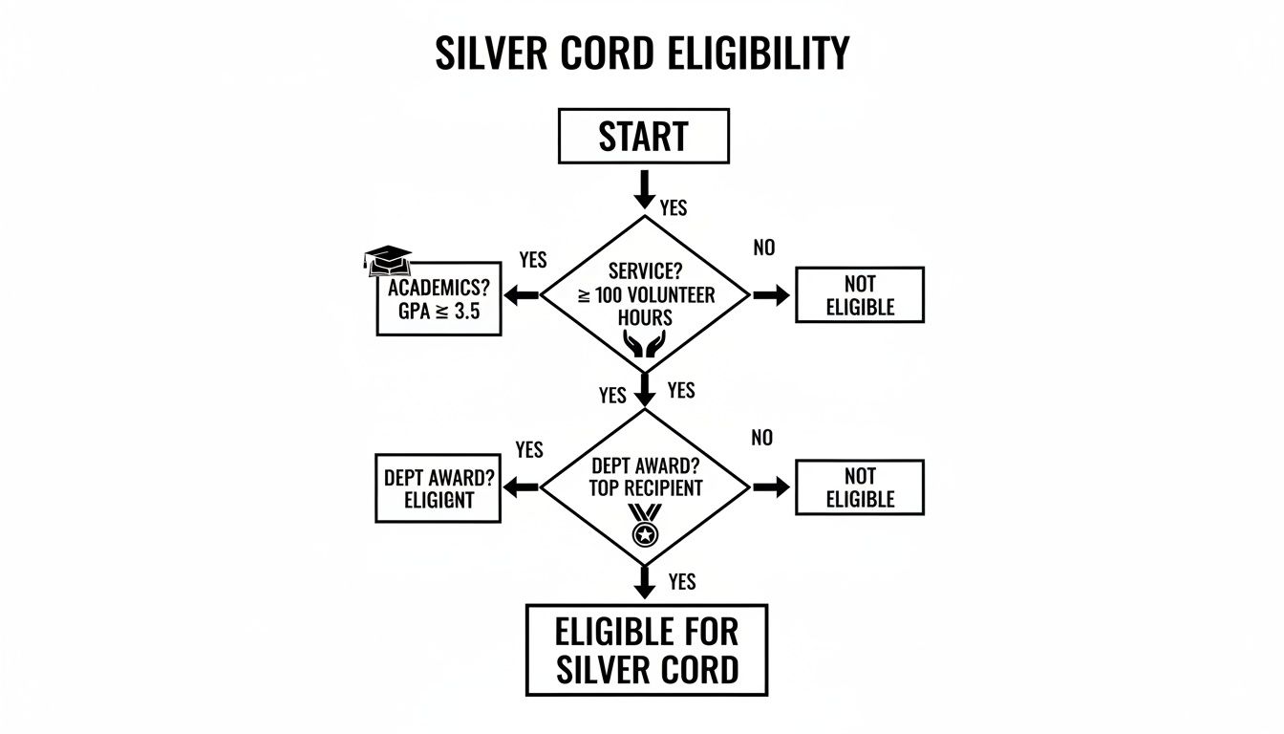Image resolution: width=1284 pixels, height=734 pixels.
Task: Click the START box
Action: [x=642, y=136]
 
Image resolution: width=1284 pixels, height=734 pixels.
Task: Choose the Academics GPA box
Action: [x=439, y=298]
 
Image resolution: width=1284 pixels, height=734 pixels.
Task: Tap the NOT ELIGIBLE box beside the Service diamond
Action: [x=859, y=295]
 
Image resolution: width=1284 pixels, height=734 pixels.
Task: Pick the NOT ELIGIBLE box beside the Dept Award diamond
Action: [x=859, y=487]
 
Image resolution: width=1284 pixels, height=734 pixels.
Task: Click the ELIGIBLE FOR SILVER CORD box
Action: [x=646, y=649]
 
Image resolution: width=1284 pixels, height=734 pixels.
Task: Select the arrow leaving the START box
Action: [x=644, y=188]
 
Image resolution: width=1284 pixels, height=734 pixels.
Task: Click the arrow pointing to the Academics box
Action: [x=522, y=296]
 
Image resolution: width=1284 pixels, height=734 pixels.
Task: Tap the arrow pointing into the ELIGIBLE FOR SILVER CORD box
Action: [x=645, y=581]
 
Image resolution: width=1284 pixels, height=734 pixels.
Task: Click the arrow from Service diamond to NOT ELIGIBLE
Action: [x=772, y=296]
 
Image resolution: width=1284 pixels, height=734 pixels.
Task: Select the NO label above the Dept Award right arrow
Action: [x=761, y=439]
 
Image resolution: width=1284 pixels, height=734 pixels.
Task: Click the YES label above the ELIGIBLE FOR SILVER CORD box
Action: [x=682, y=581]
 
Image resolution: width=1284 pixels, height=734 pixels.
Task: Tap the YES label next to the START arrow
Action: [x=673, y=207]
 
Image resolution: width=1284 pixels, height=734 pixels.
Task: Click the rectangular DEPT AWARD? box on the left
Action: [x=438, y=488]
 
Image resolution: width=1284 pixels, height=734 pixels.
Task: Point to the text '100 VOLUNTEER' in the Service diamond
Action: [x=655, y=295]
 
